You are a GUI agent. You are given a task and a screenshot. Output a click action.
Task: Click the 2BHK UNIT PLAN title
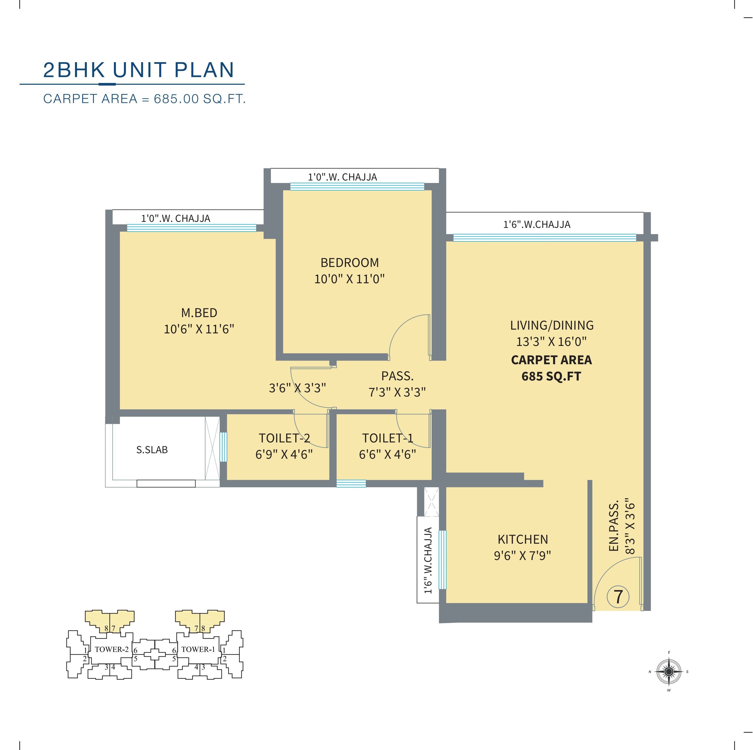[138, 70]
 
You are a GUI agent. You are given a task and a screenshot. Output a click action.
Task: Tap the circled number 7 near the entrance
[618, 597]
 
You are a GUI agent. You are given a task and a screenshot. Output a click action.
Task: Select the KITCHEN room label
[523, 539]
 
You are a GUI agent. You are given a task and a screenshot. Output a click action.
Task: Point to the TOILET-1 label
[388, 438]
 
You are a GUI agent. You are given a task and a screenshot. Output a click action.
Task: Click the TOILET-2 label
[284, 438]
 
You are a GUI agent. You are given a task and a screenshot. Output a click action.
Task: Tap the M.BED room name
[199, 313]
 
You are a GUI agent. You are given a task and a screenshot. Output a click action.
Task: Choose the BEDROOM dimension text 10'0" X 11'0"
[350, 279]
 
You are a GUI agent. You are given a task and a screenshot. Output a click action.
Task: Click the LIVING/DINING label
[552, 325]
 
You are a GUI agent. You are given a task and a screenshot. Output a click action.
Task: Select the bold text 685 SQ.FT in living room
[551, 376]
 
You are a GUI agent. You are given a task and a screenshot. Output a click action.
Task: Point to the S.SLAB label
[152, 450]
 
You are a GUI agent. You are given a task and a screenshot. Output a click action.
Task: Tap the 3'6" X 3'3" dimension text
[297, 388]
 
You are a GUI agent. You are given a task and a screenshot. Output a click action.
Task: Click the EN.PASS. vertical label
[614, 526]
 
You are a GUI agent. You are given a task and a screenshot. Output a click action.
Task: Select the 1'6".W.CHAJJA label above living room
[537, 224]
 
